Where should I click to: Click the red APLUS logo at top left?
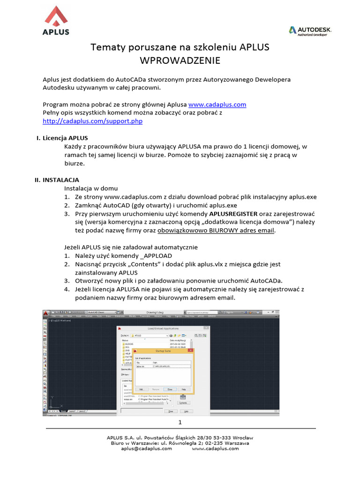56,21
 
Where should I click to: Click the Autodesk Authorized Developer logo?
310,31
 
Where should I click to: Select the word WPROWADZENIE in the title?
180,60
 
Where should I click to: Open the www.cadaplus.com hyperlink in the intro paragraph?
217,105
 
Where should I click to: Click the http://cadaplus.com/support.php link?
92,121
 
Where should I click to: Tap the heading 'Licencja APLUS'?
65,138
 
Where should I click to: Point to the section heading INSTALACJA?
61,180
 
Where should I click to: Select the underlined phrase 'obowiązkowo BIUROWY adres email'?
216,231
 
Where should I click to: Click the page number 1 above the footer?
180,423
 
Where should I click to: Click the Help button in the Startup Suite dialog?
184,389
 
